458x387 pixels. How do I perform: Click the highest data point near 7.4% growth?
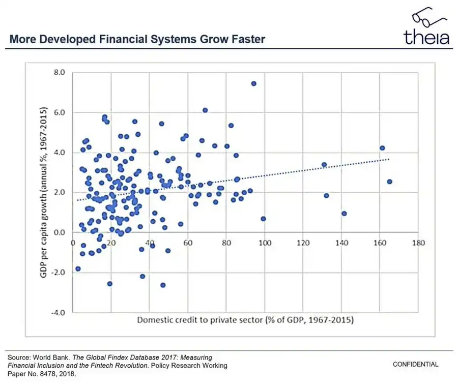(253, 83)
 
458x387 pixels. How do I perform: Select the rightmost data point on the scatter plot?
(390, 182)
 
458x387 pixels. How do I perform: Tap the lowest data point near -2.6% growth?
(163, 285)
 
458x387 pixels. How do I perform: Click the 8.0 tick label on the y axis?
(60, 73)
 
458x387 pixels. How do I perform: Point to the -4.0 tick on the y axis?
(59, 312)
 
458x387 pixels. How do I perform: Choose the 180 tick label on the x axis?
(418, 243)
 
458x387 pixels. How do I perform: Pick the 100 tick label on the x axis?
(264, 243)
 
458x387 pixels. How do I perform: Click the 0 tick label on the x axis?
(73, 243)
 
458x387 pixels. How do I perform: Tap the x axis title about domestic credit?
(245, 320)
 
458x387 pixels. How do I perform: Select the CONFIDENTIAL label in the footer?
(415, 364)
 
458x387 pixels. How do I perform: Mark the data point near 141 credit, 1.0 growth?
(344, 214)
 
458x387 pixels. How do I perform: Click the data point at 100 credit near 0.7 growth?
(263, 219)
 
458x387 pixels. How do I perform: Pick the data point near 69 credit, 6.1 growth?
(205, 110)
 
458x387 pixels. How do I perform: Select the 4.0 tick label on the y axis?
(60, 153)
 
